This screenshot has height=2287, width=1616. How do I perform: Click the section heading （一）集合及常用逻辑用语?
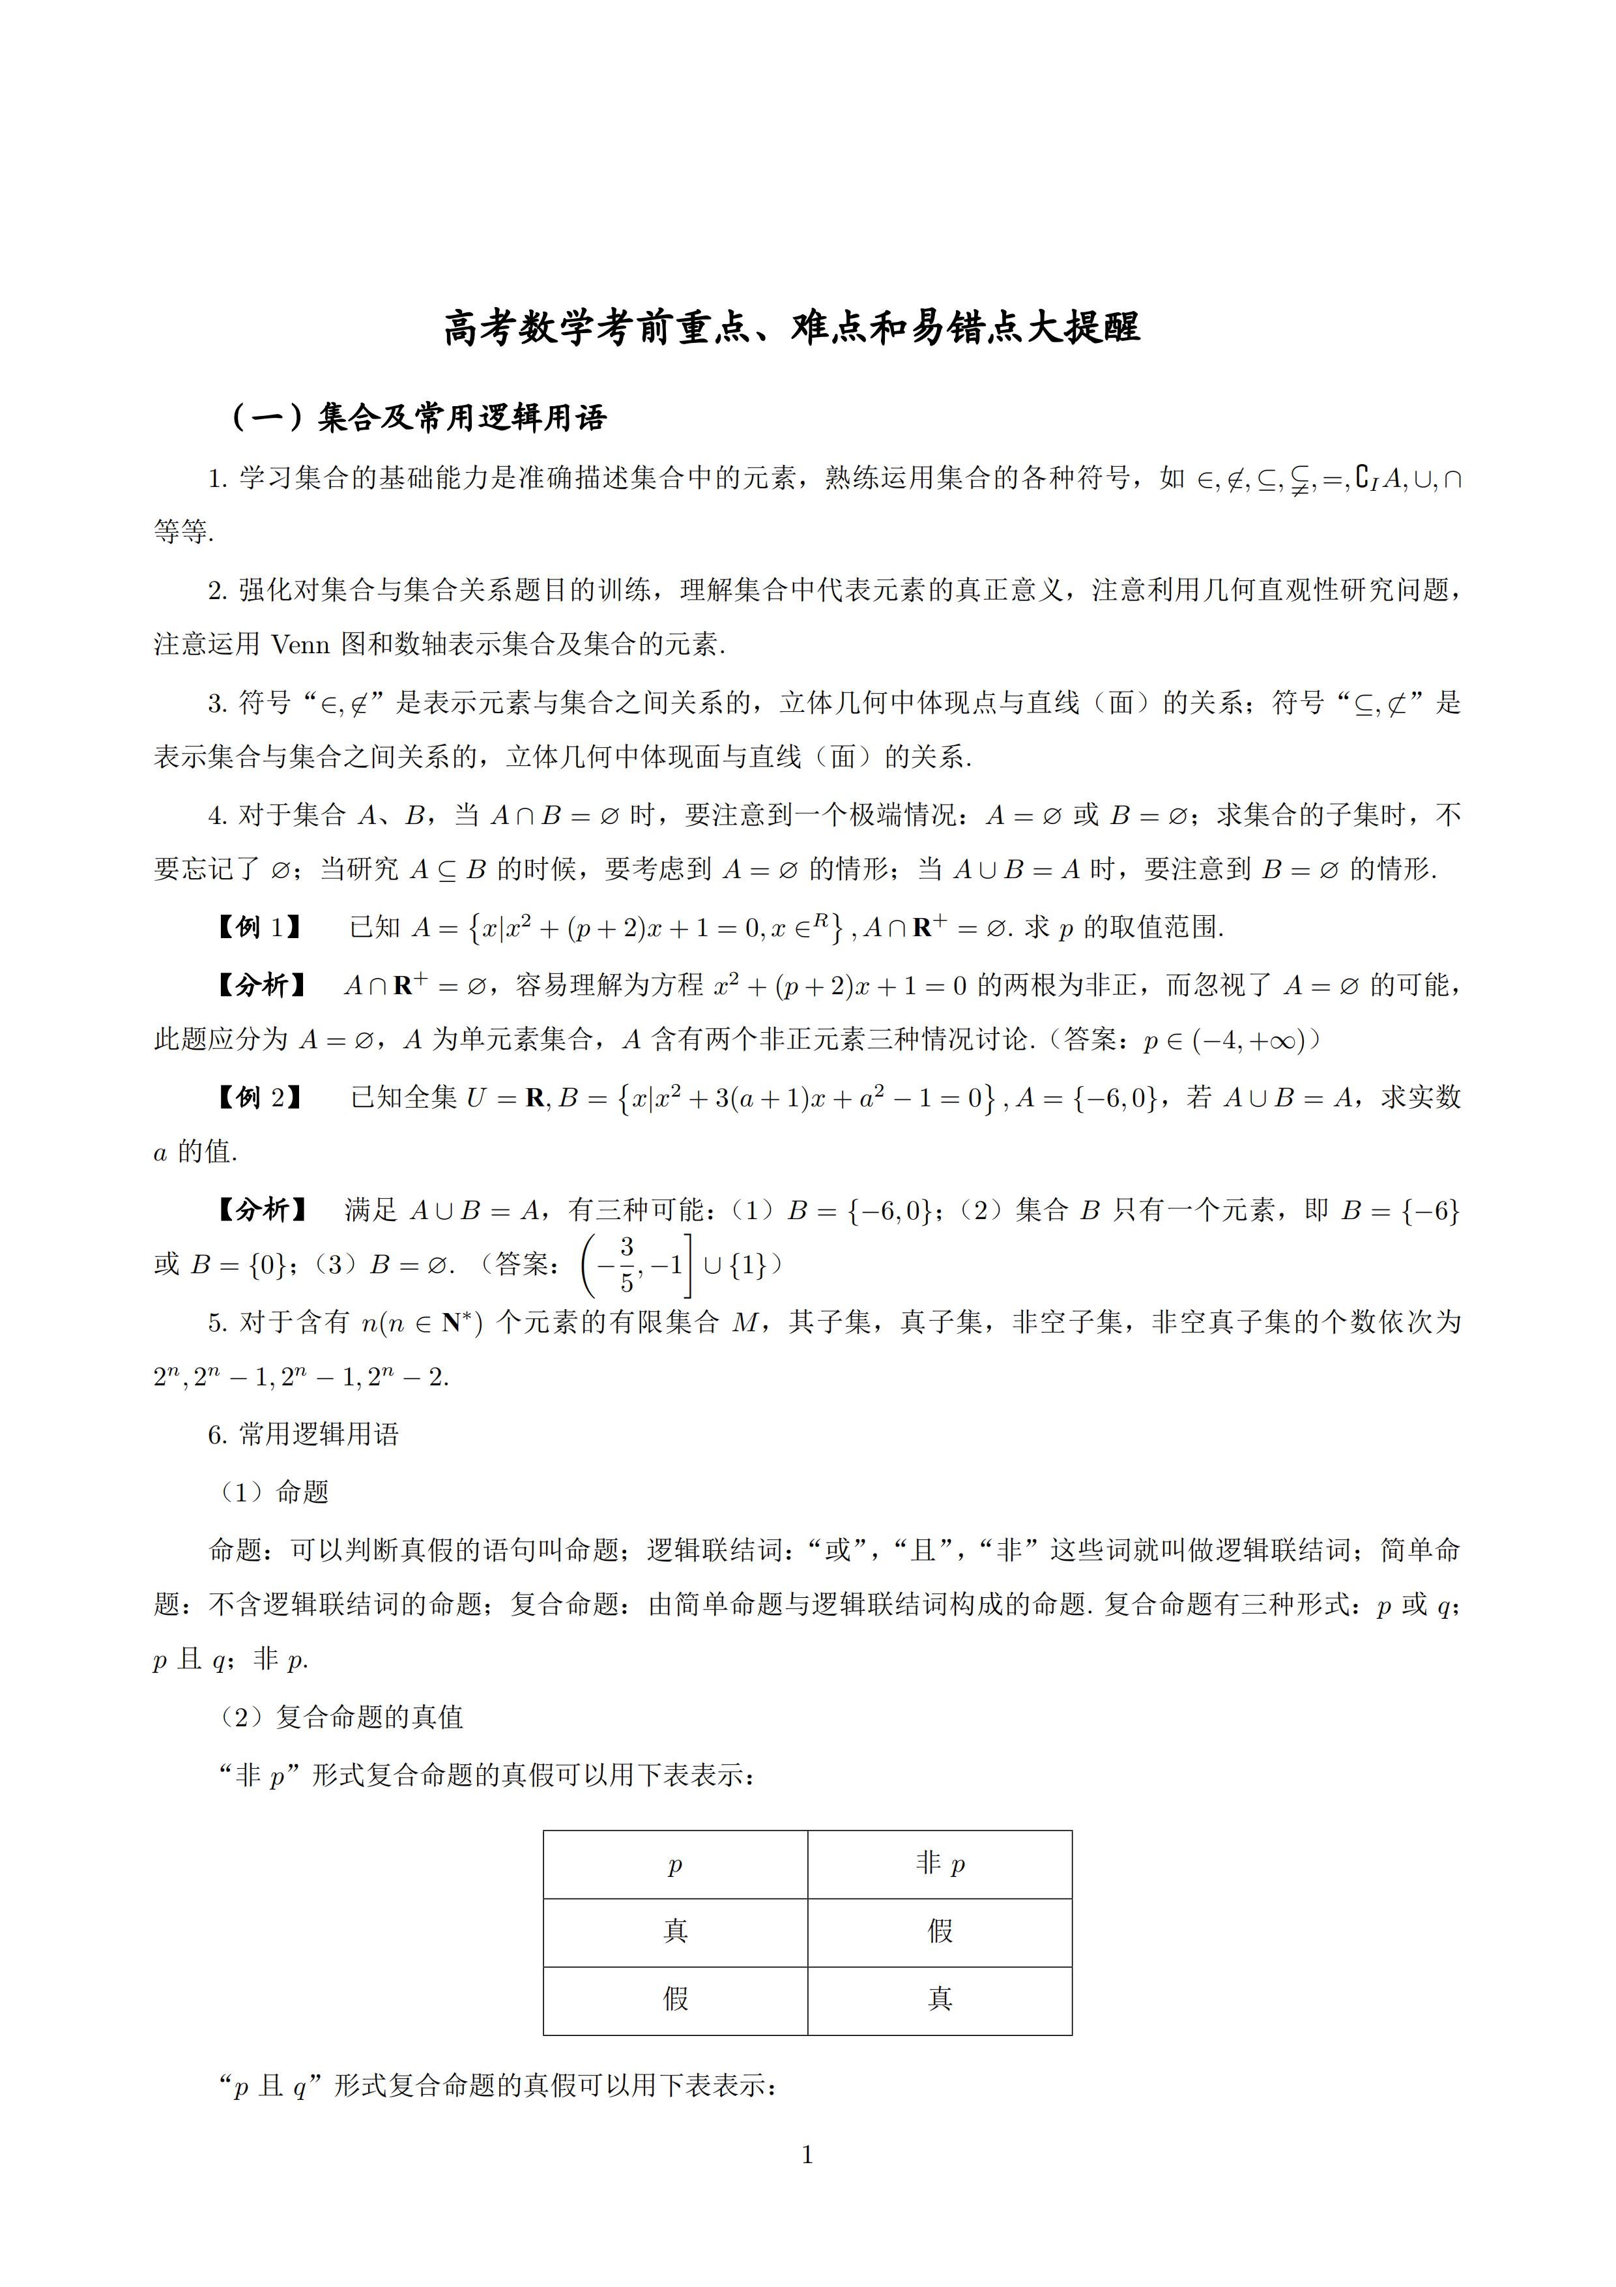point(418,417)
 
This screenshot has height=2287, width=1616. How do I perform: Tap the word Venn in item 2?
point(300,645)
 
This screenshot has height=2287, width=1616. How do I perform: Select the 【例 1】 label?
point(258,927)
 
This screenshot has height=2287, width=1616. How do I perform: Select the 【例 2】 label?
point(258,1098)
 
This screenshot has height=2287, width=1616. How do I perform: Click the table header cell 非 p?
point(940,1864)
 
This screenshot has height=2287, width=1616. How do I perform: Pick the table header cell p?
point(675,1865)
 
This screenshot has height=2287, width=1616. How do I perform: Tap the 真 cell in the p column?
point(675,1932)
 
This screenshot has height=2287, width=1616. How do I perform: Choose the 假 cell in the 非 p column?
point(940,1932)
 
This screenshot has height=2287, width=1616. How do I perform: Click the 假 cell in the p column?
point(675,1999)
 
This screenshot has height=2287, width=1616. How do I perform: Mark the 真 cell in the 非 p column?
point(940,1999)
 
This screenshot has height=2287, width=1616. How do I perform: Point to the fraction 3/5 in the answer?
point(626,1264)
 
